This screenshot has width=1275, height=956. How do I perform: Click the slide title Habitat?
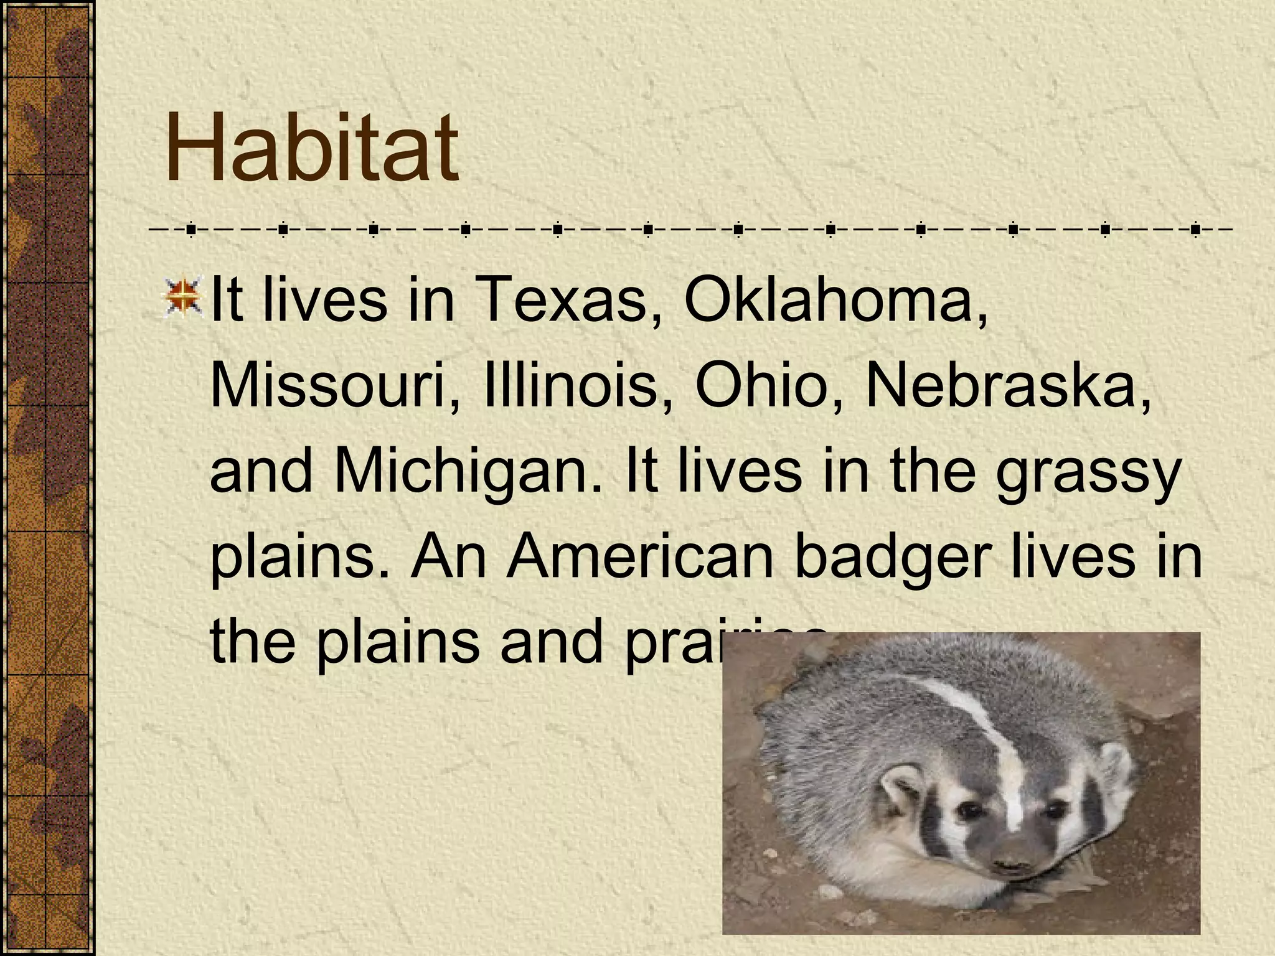pos(311,149)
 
